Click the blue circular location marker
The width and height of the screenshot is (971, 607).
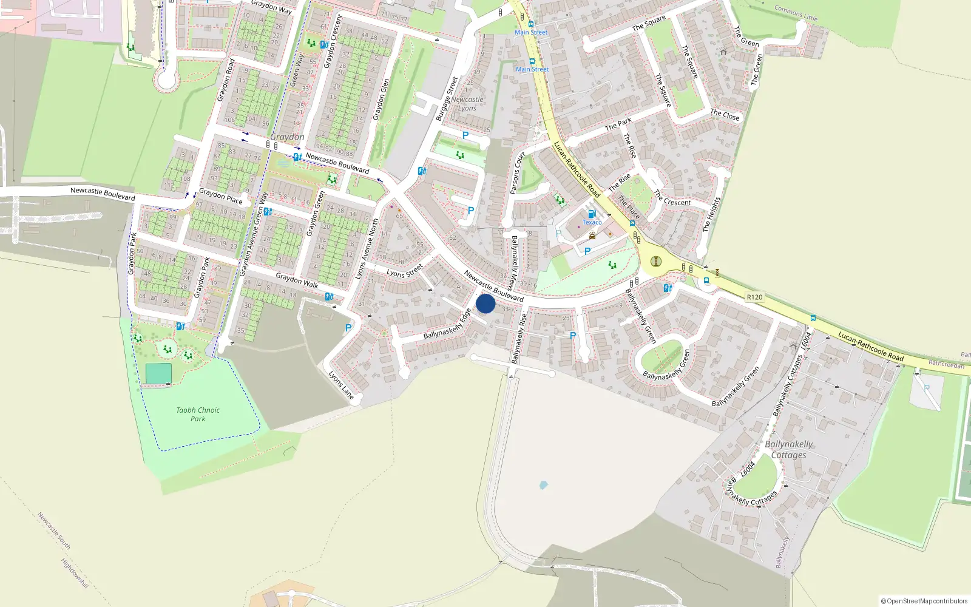[x=486, y=303]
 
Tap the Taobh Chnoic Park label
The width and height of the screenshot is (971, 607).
[x=198, y=415]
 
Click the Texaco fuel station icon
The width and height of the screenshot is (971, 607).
[x=592, y=214]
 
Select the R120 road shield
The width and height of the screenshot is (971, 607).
[x=754, y=297]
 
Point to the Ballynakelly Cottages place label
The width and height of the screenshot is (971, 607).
[x=788, y=450]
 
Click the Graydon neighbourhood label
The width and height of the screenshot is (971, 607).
[x=287, y=137]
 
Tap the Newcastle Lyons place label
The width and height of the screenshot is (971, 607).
[x=467, y=104]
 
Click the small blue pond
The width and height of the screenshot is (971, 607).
[x=543, y=485]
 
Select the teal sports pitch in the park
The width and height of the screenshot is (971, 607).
[x=158, y=374]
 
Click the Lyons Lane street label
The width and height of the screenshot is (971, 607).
[x=341, y=385]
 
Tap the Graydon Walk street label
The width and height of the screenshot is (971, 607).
[x=297, y=280]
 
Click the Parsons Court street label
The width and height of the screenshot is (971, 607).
[x=516, y=173]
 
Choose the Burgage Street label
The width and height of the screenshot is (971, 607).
[x=447, y=99]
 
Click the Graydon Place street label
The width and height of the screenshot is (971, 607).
[x=221, y=196]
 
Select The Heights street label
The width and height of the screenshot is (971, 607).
[x=711, y=214]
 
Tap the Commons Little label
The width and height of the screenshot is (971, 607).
[x=796, y=13]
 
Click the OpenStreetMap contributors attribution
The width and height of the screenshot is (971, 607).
[x=924, y=601]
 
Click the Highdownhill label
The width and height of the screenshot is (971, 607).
[x=75, y=573]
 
